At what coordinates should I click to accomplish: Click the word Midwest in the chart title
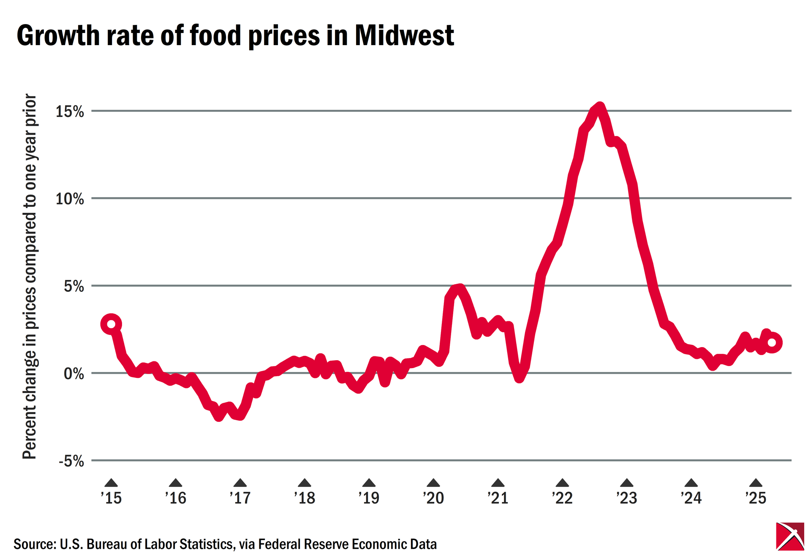pyautogui.click(x=404, y=35)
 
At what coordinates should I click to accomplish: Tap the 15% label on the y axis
pyautogui.click(x=70, y=112)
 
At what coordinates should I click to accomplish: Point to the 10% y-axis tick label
pyautogui.click(x=70, y=199)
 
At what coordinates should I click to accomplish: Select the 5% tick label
pyautogui.click(x=74, y=287)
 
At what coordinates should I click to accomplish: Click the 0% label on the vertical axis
pyautogui.click(x=74, y=374)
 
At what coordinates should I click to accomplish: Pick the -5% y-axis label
pyautogui.click(x=71, y=461)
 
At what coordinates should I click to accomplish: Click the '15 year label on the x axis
pyautogui.click(x=111, y=498)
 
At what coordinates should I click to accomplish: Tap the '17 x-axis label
pyautogui.click(x=240, y=498)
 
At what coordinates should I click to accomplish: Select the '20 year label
pyautogui.click(x=433, y=498)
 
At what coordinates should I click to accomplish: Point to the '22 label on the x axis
pyautogui.click(x=562, y=498)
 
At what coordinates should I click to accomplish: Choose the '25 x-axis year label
pyautogui.click(x=756, y=498)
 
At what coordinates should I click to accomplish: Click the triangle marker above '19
pyautogui.click(x=369, y=483)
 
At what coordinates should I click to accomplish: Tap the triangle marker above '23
pyautogui.click(x=627, y=483)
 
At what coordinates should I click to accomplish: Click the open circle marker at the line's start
pyautogui.click(x=111, y=324)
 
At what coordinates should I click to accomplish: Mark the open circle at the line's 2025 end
pyautogui.click(x=772, y=342)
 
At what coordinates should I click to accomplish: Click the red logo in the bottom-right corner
pyautogui.click(x=790, y=536)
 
